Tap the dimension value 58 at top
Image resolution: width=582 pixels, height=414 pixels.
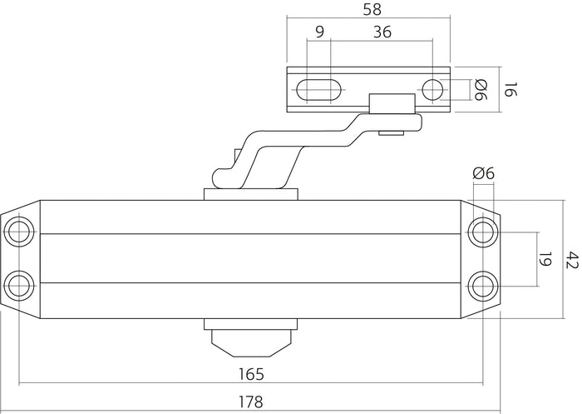point(368,11)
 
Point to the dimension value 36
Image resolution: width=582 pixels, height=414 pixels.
point(382,32)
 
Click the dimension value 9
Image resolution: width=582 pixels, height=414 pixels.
point(320,32)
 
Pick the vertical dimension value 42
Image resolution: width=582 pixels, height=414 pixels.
point(570,260)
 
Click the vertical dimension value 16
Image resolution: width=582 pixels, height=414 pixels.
point(511,89)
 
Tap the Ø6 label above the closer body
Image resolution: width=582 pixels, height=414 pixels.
point(482,173)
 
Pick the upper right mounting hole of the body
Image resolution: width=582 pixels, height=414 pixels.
point(481,231)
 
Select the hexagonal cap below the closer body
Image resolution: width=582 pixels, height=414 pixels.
point(250,340)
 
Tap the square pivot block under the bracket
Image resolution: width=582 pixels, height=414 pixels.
point(392,106)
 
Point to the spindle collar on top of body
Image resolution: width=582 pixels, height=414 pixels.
point(250,194)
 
